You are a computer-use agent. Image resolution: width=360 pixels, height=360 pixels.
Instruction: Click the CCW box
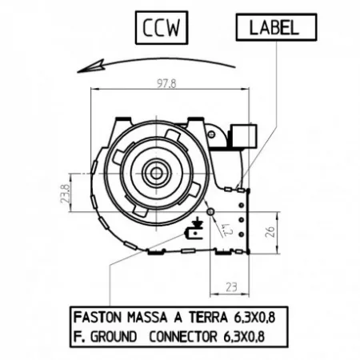(162, 27)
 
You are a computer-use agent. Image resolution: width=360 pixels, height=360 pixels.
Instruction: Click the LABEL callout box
(276, 27)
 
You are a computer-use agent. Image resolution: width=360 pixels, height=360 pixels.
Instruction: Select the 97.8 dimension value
(166, 84)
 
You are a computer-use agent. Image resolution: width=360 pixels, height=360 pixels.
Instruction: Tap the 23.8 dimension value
(66, 194)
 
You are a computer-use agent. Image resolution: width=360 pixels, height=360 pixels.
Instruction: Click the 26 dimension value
(270, 232)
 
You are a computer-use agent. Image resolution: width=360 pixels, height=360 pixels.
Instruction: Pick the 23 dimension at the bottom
(231, 287)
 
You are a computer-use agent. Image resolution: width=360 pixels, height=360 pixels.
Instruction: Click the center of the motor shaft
(156, 174)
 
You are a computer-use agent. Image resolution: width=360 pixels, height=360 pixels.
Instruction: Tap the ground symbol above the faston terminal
(198, 222)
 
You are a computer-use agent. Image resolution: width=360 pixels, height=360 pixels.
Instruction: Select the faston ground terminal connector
(194, 234)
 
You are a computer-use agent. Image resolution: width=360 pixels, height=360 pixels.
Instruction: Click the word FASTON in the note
(98, 318)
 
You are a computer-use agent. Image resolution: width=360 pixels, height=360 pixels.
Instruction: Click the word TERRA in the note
(209, 318)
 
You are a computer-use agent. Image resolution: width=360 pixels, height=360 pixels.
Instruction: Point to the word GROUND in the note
(114, 337)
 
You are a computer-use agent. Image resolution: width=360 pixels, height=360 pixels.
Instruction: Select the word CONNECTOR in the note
(183, 337)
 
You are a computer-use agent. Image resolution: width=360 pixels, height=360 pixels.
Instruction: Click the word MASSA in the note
(147, 318)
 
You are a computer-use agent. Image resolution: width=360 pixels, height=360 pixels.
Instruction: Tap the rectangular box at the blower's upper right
(243, 136)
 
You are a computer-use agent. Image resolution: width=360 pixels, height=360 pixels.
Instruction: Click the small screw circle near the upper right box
(211, 134)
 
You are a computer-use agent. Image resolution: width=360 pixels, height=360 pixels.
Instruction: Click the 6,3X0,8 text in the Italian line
(254, 318)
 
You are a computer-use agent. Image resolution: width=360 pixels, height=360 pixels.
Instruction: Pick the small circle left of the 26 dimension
(210, 212)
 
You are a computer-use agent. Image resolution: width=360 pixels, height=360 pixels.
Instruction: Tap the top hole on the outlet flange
(242, 205)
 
